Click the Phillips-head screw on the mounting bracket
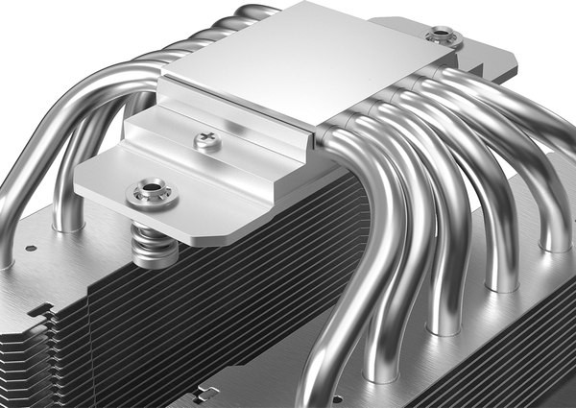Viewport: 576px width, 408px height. tap(207, 140)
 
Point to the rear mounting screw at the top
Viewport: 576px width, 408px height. tap(443, 37)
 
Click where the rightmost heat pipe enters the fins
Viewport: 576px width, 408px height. tap(555, 240)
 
